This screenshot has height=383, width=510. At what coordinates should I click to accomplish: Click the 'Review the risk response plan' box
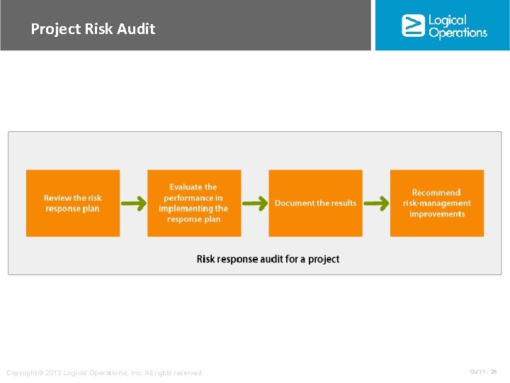(73, 203)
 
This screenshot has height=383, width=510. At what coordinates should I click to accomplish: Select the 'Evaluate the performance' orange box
(194, 203)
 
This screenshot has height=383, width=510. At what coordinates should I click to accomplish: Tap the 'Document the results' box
(315, 203)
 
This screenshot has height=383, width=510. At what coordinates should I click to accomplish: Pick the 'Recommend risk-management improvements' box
(437, 203)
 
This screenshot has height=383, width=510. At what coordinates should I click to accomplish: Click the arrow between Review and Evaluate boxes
(134, 204)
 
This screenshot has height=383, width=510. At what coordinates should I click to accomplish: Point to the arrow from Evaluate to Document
(255, 204)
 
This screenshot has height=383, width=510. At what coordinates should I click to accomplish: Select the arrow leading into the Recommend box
(376, 204)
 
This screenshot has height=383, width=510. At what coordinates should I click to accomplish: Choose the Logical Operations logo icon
(413, 26)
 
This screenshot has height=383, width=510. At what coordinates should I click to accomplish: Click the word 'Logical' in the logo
(448, 20)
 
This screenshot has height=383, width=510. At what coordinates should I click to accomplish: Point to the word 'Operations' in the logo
(458, 33)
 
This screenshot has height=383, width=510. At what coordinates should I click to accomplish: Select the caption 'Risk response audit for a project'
(268, 259)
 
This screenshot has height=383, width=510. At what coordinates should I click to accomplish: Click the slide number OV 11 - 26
(483, 372)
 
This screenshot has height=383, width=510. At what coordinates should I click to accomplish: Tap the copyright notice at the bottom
(104, 373)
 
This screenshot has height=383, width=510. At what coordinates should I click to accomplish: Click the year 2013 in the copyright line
(52, 373)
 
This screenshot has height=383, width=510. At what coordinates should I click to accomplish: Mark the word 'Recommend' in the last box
(436, 192)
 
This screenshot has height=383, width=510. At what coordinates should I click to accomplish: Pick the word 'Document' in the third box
(294, 203)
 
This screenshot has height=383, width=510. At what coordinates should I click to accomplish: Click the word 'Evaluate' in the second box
(193, 187)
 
